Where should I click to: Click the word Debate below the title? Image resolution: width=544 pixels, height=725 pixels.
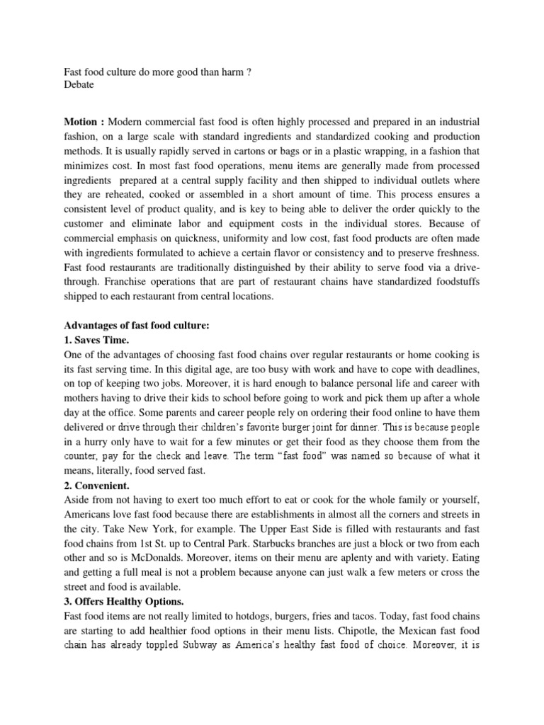click(x=79, y=84)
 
